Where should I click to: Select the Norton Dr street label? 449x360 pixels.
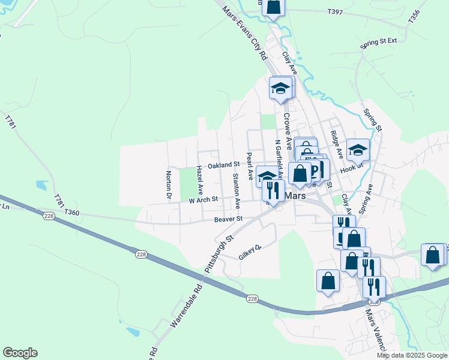pos(169,185)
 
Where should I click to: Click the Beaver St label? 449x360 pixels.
pos(228,220)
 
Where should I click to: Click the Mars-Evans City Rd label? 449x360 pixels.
pos(245,33)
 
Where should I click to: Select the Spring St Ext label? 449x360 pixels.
pos(379,42)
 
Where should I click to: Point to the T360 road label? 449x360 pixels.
pos(71,212)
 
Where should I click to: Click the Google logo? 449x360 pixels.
pos(20,353)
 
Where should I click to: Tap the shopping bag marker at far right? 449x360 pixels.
pos(433,255)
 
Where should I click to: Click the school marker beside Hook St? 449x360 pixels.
pos(358,150)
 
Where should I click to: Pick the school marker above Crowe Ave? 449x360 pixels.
pos(280,88)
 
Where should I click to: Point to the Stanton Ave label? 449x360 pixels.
pos(236,190)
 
